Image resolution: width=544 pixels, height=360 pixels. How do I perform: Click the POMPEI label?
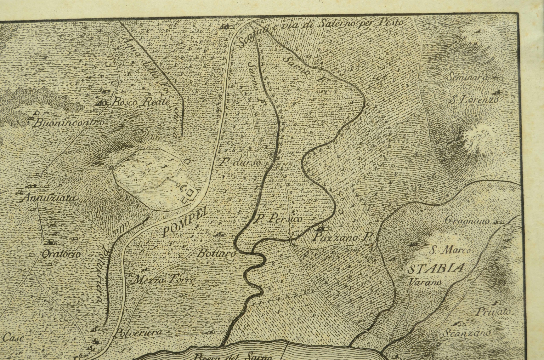pyautogui.click(x=184, y=222)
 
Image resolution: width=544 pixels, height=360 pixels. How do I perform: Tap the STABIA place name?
pyautogui.click(x=436, y=269)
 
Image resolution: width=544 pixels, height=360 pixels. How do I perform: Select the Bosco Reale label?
pyautogui.click(x=141, y=102)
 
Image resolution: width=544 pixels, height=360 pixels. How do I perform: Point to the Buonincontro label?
pyautogui.click(x=69, y=123)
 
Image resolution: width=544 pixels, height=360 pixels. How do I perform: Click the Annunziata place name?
pyautogui.click(x=49, y=198)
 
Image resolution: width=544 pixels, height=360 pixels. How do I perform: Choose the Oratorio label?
pyautogui.click(x=61, y=254)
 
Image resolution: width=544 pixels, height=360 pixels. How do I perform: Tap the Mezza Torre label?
pyautogui.click(x=164, y=280)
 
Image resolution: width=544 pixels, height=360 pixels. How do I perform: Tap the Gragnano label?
pyautogui.click(x=467, y=221)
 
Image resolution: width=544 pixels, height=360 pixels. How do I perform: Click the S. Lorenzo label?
pyautogui.click(x=474, y=100)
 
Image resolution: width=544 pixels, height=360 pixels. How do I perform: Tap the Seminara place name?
pyautogui.click(x=467, y=77)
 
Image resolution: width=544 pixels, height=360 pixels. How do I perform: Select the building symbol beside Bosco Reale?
pyautogui.click(x=102, y=103)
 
